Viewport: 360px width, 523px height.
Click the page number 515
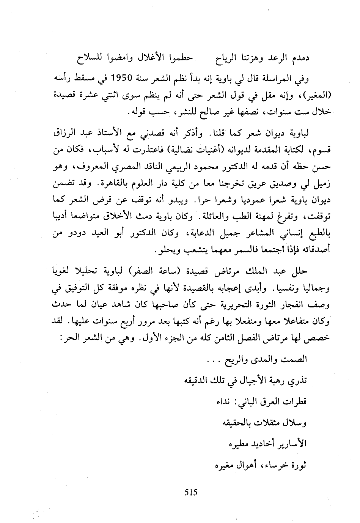click(x=191, y=492)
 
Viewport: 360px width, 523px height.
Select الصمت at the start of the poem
click(x=296, y=359)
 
